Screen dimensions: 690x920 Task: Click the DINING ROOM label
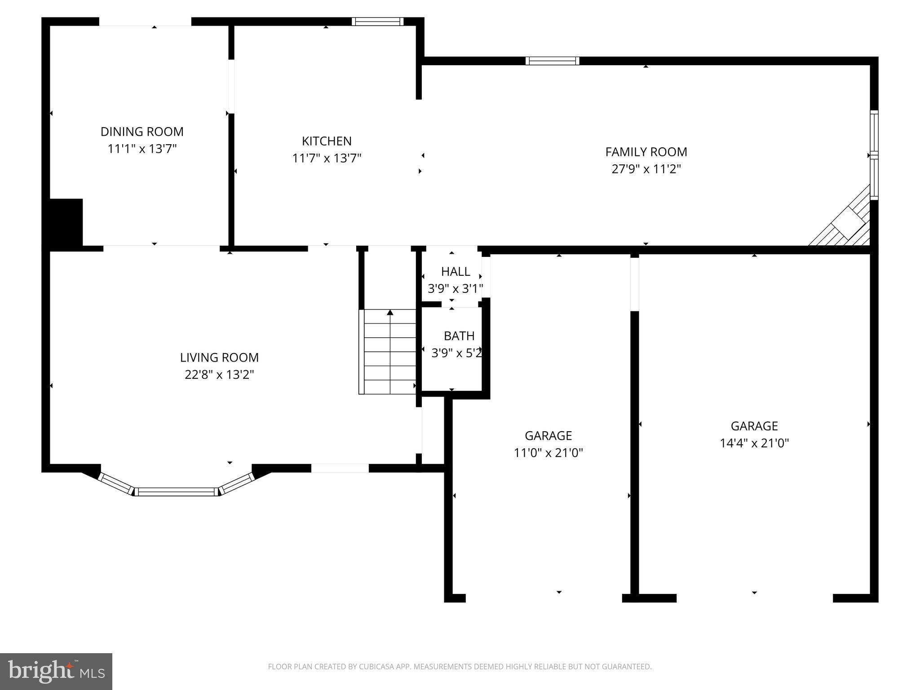pos(142,132)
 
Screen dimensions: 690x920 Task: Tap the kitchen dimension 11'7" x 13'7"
pos(327,159)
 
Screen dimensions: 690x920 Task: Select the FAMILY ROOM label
pos(646,152)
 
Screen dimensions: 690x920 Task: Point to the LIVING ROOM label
pos(219,358)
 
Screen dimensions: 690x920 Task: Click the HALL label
pos(456,271)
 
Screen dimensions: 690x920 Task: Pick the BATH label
pos(459,336)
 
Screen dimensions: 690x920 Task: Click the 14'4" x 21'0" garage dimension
pos(754,443)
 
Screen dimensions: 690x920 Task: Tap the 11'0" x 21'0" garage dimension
pos(548,453)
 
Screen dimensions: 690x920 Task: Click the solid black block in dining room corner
pos(66,222)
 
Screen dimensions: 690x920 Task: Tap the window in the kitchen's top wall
pos(377,22)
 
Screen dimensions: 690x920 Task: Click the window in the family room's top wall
pos(552,61)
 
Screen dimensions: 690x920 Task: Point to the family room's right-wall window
pos(874,155)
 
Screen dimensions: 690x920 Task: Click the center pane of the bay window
pos(176,492)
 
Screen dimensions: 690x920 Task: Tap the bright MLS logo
pos(56,671)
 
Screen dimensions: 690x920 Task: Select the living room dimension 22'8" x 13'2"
pos(219,375)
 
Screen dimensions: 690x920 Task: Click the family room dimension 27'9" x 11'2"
pos(646,169)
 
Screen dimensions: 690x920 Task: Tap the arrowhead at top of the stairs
pos(390,312)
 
